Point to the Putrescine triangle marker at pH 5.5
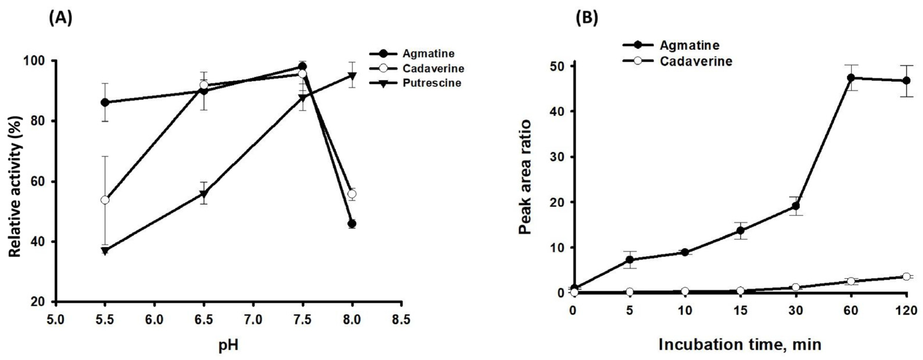pyautogui.click(x=105, y=251)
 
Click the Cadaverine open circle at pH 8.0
pyautogui.click(x=352, y=194)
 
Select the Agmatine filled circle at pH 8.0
pyautogui.click(x=352, y=224)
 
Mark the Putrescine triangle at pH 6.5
pyautogui.click(x=204, y=194)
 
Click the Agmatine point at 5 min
pyautogui.click(x=630, y=260)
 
